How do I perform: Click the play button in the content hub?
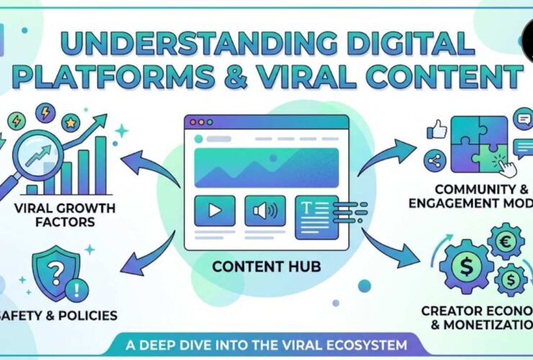(x=215, y=210)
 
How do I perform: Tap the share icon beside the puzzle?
(x=434, y=161)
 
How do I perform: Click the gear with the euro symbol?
(x=506, y=240)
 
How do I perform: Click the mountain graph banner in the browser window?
(x=266, y=167)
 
